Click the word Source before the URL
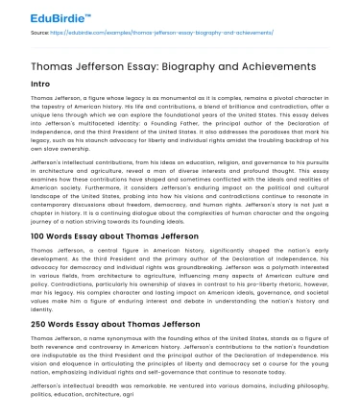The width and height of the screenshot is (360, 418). (x=41, y=33)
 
